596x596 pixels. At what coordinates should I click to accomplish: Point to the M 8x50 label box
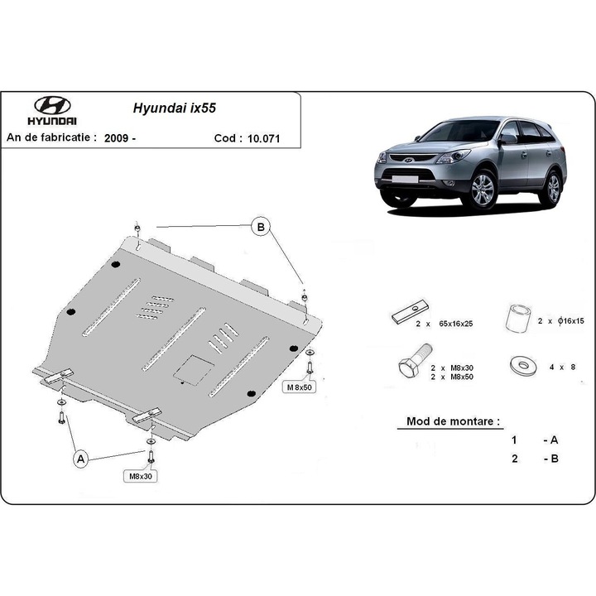(x=300, y=387)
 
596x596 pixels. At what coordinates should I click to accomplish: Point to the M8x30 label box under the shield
(x=142, y=476)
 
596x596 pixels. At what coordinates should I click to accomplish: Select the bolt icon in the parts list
(x=411, y=364)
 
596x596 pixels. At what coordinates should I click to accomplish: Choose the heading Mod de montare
(x=453, y=421)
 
